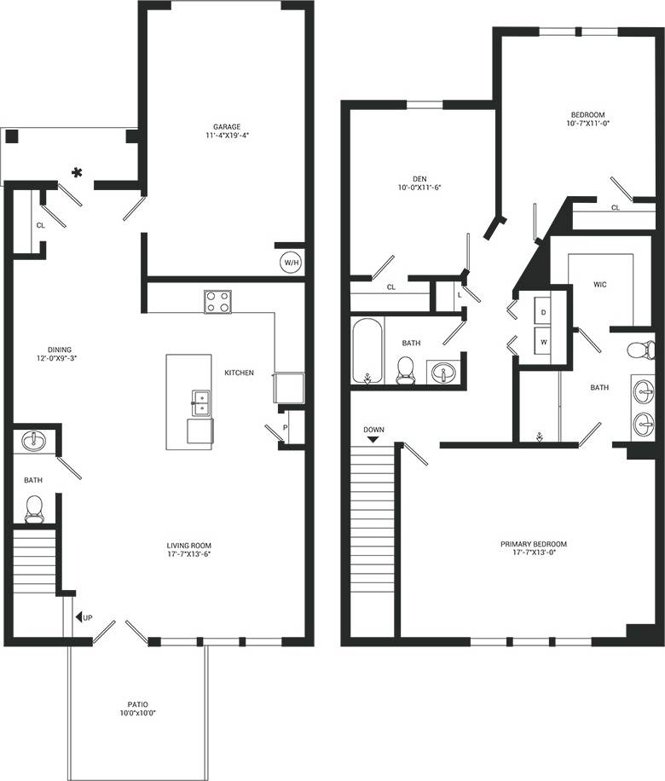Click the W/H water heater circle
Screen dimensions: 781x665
(x=291, y=263)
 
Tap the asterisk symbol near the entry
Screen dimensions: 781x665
(x=78, y=173)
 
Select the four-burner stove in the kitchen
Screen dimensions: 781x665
(x=217, y=302)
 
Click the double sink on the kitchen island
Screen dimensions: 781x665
(x=201, y=402)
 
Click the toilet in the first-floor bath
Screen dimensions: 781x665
(x=34, y=508)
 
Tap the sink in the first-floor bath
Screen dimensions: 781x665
(x=34, y=441)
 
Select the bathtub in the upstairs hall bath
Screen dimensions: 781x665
(x=367, y=351)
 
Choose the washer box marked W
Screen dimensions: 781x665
(x=543, y=343)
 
